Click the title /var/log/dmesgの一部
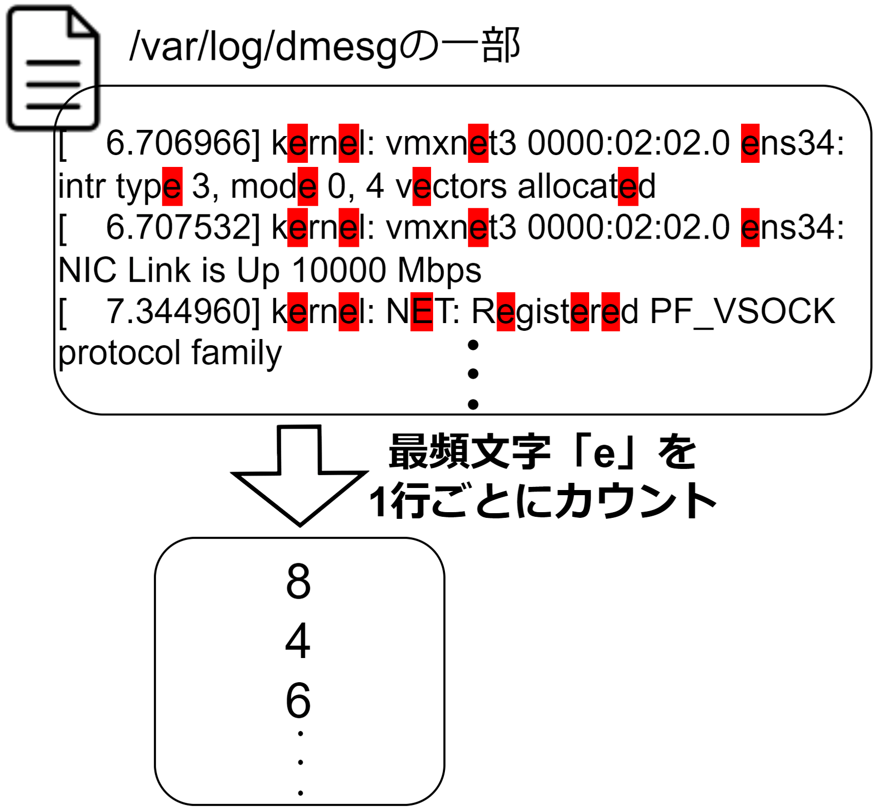pos(325,47)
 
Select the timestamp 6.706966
pos(178,143)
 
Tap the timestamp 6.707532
pos(178,227)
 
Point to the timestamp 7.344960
pos(178,312)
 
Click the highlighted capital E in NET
pos(422,312)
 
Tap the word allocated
pos(586,185)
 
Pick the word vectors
pos(451,186)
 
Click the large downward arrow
pos(299,475)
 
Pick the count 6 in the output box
pos(299,700)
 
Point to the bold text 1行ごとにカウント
pos(543,500)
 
